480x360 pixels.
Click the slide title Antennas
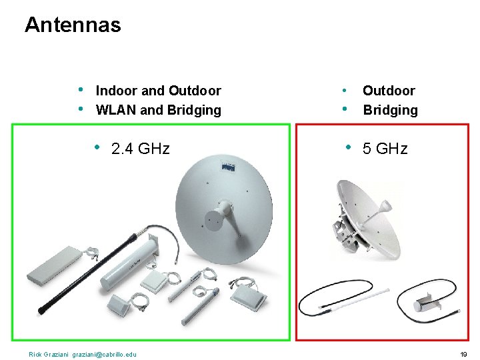(x=73, y=25)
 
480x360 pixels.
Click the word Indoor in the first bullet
(x=117, y=91)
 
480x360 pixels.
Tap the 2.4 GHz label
(x=141, y=148)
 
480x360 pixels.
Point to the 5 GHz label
(x=385, y=148)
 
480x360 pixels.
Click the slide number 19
(x=464, y=353)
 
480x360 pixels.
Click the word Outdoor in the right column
(x=389, y=91)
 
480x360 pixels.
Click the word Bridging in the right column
(x=390, y=110)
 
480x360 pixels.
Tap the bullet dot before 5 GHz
(x=348, y=147)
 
